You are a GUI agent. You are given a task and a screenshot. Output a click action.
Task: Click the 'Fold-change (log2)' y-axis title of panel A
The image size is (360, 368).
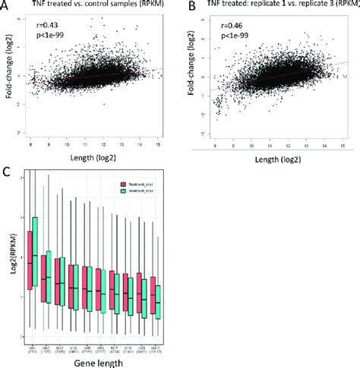point(8,76)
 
